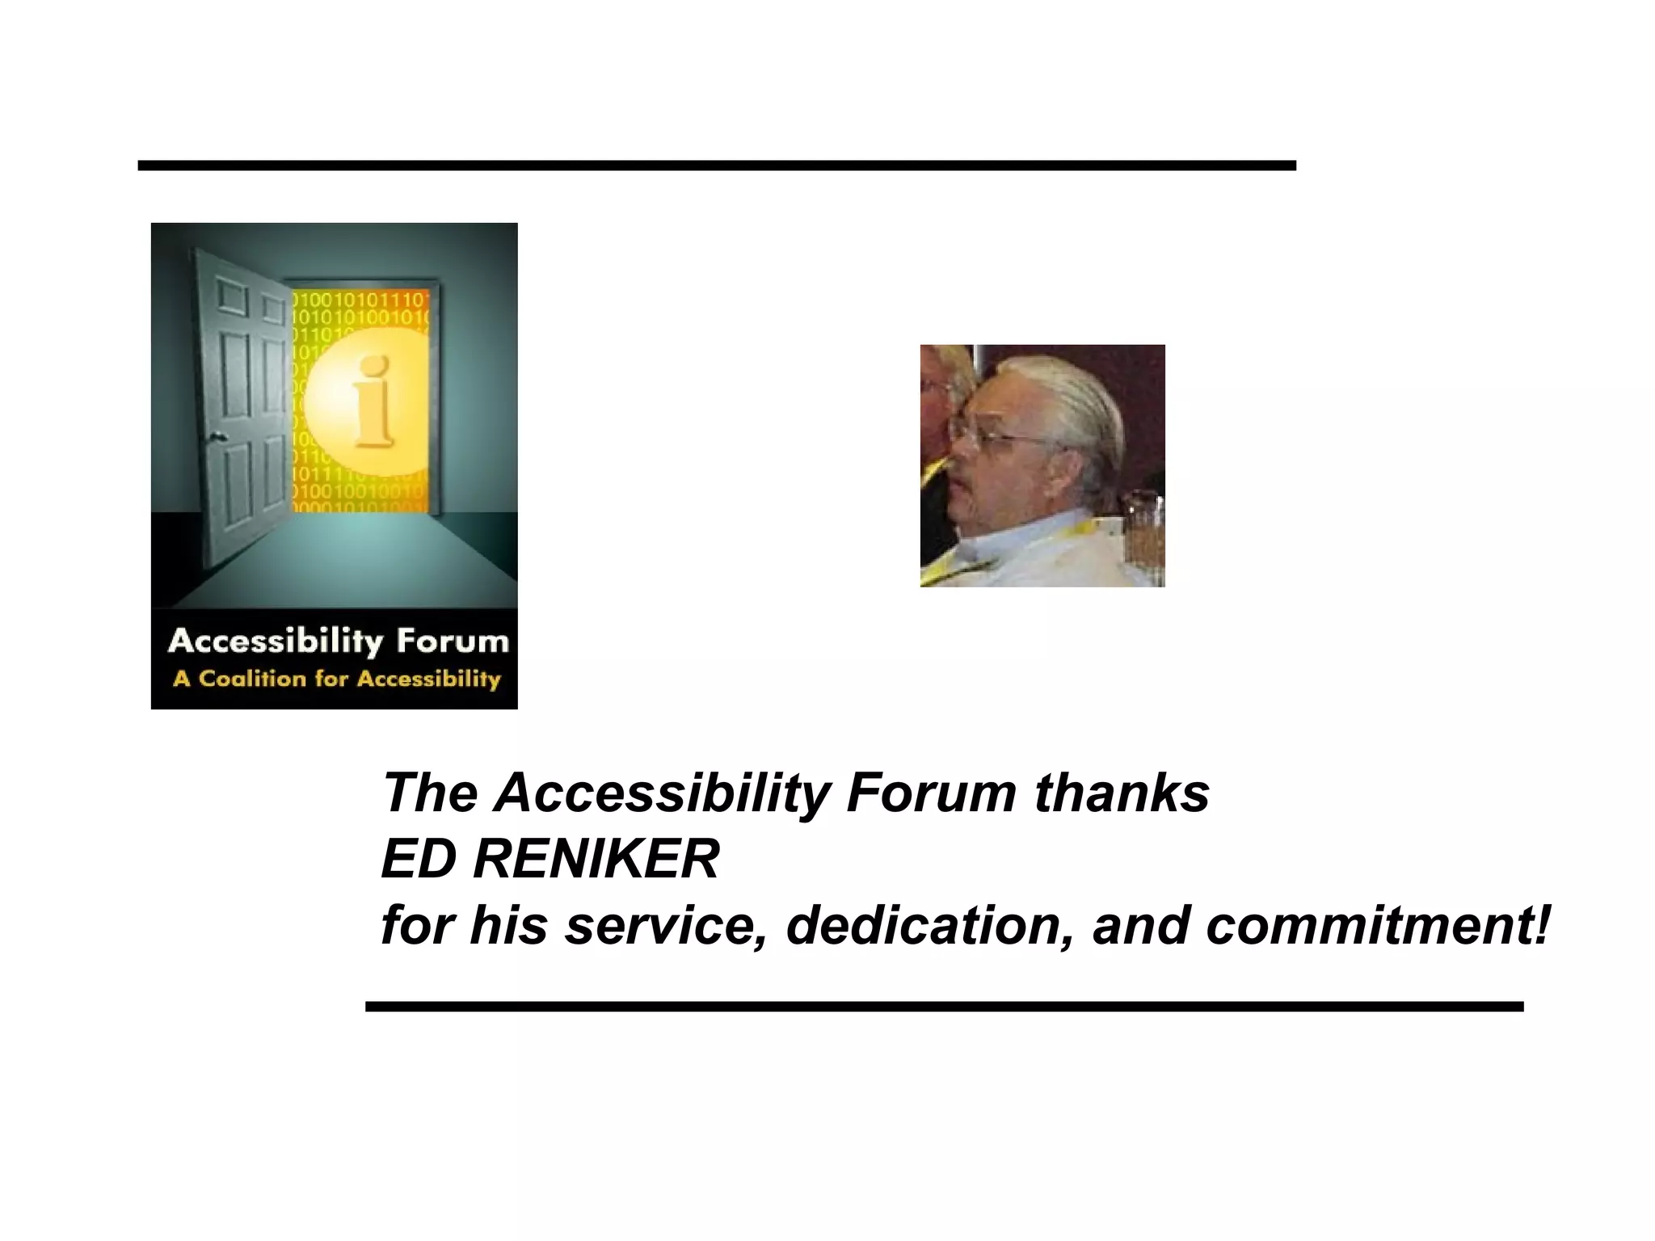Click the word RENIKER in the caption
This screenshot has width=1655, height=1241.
pyautogui.click(x=596, y=859)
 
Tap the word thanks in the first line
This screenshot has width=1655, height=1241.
pyautogui.click(x=1122, y=793)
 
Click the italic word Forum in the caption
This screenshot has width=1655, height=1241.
pyautogui.click(x=931, y=793)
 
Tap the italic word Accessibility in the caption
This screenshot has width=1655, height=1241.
pyautogui.click(x=663, y=794)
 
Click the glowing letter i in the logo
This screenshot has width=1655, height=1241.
pyautogui.click(x=373, y=402)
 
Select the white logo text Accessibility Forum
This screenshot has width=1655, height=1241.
pyautogui.click(x=338, y=642)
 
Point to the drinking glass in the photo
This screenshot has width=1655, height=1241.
pyautogui.click(x=1145, y=533)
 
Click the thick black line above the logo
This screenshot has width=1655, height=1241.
pyautogui.click(x=716, y=166)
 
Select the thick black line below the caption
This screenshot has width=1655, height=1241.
pyautogui.click(x=944, y=1007)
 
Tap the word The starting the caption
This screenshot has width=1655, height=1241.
pyautogui.click(x=430, y=793)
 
